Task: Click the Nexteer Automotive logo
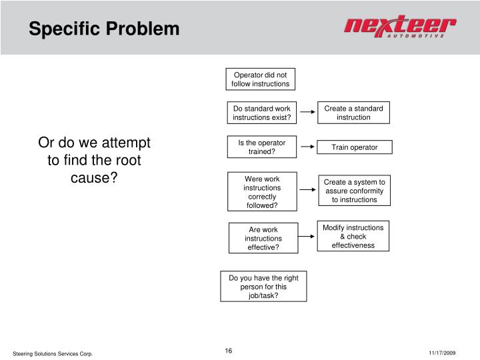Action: coord(400,29)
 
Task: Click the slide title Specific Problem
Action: coord(103,29)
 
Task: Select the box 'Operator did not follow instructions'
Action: coord(261,79)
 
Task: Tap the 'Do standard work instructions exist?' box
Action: coord(262,113)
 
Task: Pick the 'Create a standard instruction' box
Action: coord(353,113)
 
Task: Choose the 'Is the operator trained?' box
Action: coord(262,147)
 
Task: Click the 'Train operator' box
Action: coord(355,147)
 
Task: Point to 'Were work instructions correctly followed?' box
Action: coord(262,192)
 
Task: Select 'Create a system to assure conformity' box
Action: coord(355,191)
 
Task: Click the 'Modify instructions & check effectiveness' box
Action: coord(353,237)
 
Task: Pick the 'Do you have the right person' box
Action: coord(263,287)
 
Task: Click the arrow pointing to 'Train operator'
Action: coord(307,147)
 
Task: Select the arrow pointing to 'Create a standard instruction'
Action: coord(307,113)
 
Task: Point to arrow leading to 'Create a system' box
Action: coord(307,190)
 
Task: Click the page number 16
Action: coord(229,351)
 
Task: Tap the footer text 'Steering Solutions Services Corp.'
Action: coord(53,353)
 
